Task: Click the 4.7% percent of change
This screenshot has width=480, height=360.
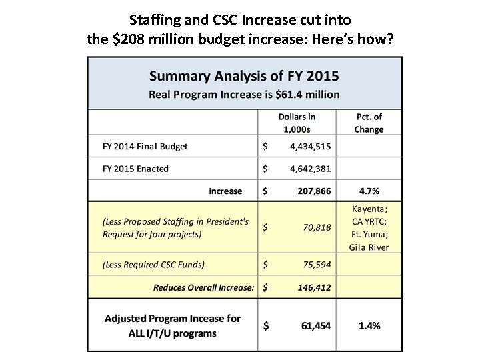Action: click(367, 191)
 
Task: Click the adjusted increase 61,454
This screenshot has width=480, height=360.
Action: click(314, 325)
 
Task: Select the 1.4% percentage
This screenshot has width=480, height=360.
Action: click(368, 325)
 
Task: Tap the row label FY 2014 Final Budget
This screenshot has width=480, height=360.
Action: click(145, 146)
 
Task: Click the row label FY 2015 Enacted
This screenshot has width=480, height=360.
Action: click(135, 169)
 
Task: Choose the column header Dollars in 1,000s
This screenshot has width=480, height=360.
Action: click(297, 123)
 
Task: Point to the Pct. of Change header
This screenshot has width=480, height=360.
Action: click(369, 123)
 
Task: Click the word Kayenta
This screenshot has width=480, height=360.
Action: click(369, 208)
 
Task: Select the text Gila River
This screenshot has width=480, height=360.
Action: click(369, 247)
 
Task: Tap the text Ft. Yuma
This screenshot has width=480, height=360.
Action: click(369, 234)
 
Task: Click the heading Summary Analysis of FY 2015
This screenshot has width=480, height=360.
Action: click(244, 75)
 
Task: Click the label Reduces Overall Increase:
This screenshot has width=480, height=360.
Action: click(203, 288)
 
